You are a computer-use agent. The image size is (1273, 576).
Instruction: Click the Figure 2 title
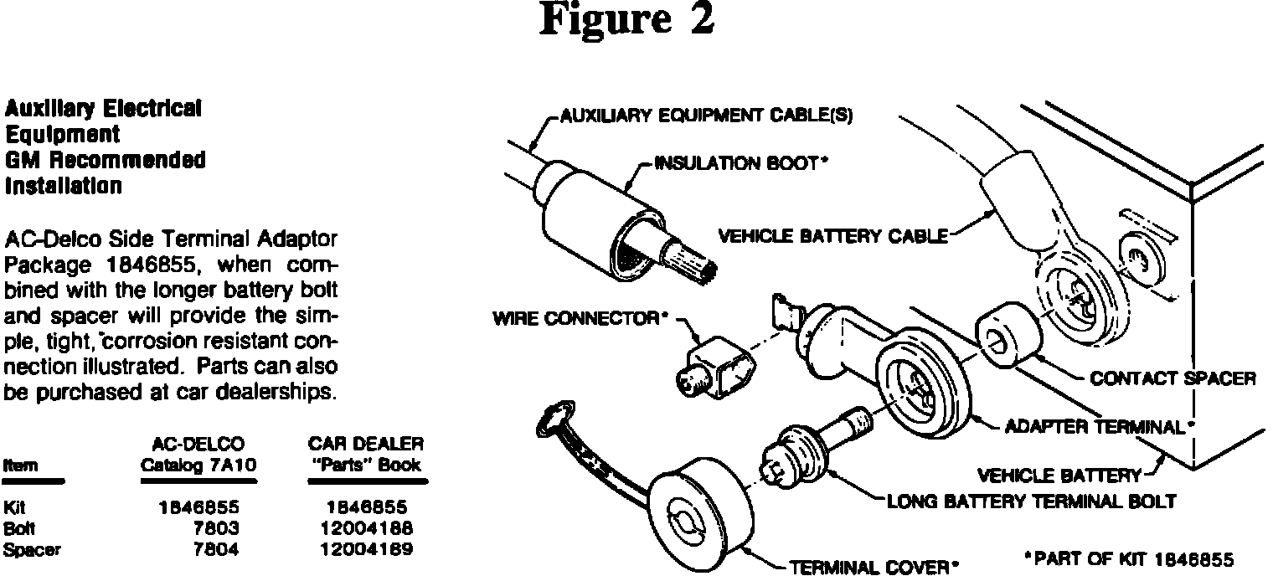tap(626, 20)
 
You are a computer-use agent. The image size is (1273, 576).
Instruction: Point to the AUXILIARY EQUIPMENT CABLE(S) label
tap(705, 116)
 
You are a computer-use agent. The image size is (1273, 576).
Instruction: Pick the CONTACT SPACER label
tap(1172, 378)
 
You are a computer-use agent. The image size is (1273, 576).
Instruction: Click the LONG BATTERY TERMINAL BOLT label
tap(1031, 501)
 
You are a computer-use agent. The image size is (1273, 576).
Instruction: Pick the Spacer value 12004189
tap(368, 549)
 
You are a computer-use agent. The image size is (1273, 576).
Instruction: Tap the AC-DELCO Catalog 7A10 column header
tap(198, 453)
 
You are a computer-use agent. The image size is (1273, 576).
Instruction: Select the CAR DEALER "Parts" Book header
tap(368, 453)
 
